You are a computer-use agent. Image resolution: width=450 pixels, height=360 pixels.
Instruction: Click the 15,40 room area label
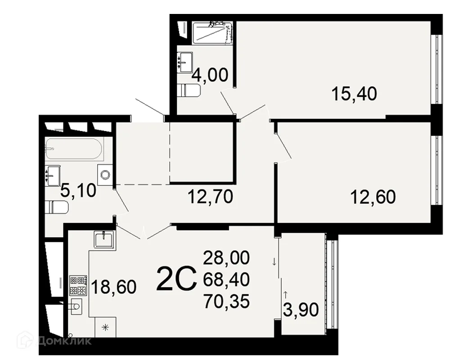(x=354, y=94)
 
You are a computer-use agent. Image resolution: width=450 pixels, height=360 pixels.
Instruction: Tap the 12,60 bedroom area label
(x=373, y=197)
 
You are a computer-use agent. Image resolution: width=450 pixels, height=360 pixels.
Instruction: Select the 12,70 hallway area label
(x=210, y=197)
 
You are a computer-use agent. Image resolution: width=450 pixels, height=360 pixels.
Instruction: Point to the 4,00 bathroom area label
(x=210, y=75)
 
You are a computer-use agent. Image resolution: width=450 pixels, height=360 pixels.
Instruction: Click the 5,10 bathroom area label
(x=78, y=191)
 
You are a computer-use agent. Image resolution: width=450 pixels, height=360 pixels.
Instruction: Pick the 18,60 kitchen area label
(x=114, y=287)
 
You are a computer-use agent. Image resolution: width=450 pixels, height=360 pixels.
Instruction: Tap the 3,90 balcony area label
(x=301, y=310)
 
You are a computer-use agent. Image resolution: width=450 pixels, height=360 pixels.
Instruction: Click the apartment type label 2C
(x=177, y=278)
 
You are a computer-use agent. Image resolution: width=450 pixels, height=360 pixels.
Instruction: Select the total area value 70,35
(x=226, y=301)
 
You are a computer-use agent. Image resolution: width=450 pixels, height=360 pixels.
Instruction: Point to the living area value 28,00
(x=226, y=257)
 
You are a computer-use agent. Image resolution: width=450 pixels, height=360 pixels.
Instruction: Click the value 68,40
(x=226, y=279)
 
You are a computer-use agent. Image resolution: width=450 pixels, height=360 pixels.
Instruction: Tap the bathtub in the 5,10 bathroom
(x=74, y=148)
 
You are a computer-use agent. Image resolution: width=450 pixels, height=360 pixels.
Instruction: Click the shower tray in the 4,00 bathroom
(x=212, y=32)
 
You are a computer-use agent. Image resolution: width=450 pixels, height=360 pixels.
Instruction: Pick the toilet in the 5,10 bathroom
(x=57, y=207)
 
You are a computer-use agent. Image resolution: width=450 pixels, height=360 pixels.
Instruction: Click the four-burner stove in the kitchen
(x=78, y=286)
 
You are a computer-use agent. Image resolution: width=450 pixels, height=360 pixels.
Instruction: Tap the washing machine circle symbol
(x=105, y=175)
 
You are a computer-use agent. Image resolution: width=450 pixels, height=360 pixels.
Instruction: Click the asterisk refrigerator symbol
(x=105, y=327)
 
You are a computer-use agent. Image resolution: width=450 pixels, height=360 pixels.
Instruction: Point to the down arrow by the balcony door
(x=274, y=261)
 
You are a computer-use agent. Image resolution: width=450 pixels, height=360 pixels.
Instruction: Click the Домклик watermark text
(x=64, y=341)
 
